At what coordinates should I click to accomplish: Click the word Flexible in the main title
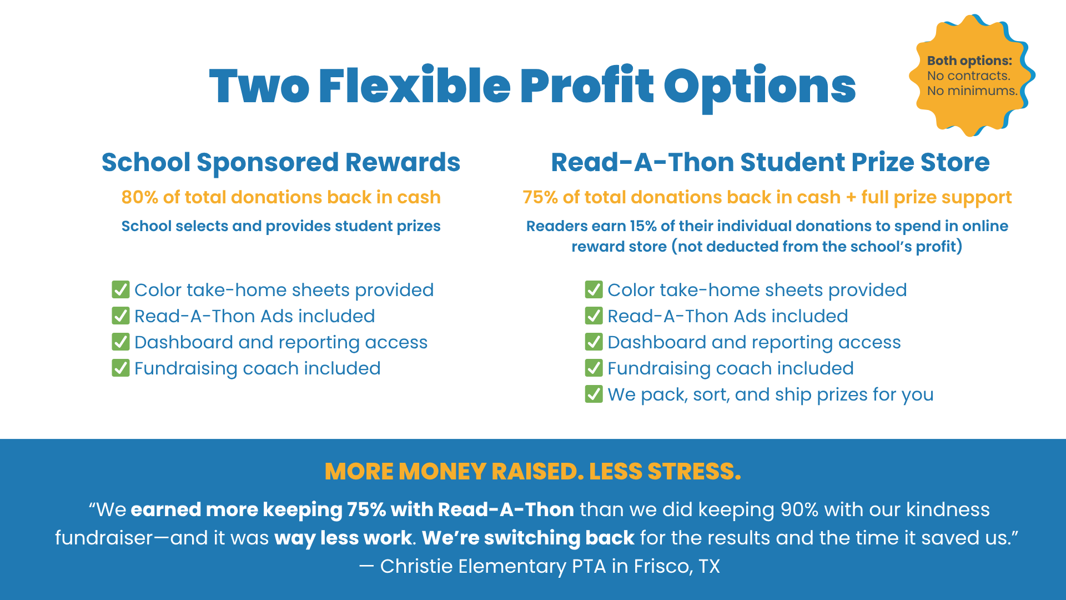[414, 86]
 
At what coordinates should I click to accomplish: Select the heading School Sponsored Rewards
[281, 162]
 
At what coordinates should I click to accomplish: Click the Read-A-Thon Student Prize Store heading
[770, 162]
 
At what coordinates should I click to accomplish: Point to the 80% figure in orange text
[139, 197]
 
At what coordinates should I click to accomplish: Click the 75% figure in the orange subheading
[540, 197]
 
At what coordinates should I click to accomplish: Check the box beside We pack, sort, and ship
[594, 394]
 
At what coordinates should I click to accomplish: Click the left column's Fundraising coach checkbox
[120, 368]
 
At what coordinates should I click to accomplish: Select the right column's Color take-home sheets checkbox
[594, 289]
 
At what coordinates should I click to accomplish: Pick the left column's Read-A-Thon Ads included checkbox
[120, 316]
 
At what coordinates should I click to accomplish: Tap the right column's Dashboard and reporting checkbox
[594, 342]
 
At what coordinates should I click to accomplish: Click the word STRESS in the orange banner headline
[694, 472]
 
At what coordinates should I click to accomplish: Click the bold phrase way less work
[343, 538]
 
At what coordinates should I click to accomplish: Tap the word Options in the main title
[760, 86]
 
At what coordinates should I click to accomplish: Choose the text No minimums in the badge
[972, 91]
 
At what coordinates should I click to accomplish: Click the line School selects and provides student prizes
[281, 226]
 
